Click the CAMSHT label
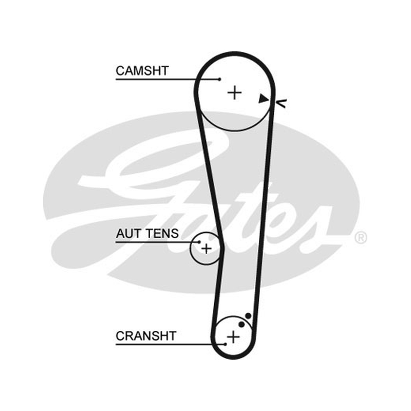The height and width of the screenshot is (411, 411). point(142,71)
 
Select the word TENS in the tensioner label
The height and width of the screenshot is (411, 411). point(162,233)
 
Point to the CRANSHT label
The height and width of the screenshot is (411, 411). point(146,336)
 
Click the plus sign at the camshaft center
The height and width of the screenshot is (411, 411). point(234,93)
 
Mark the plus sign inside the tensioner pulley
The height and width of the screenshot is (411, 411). point(207,248)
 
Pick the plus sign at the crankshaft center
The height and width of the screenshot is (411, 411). point(233,337)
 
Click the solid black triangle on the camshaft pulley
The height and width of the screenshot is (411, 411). point(263,99)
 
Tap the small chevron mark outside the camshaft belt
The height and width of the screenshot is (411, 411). point(282,103)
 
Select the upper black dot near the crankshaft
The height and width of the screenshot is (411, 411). point(248,316)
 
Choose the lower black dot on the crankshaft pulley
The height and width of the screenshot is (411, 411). point(241,325)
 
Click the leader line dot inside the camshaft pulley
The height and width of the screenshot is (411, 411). point(220,79)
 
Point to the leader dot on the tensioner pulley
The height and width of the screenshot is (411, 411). point(199,242)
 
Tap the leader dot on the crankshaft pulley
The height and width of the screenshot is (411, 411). point(225,344)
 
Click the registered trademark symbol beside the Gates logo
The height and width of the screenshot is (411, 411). point(361,238)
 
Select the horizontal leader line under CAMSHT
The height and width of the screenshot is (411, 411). point(168,79)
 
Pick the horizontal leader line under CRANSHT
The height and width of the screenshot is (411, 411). point(171,344)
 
